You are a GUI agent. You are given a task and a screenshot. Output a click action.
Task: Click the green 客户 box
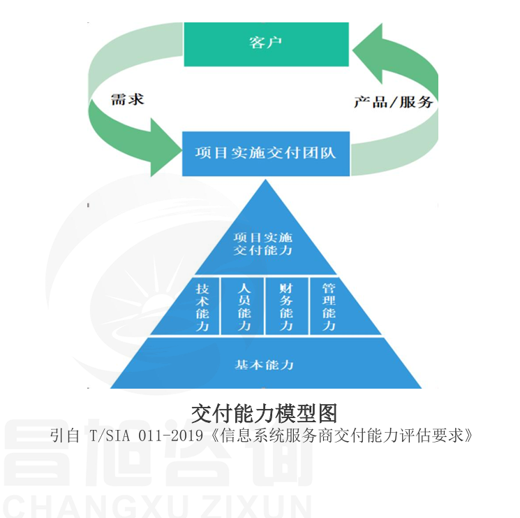265,43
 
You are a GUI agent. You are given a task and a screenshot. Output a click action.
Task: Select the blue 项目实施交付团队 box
265,152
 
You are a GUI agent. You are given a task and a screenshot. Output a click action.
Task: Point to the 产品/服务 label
393,101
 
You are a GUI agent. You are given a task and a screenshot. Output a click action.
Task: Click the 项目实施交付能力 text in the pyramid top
263,243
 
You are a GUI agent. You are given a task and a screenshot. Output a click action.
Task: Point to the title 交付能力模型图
264,412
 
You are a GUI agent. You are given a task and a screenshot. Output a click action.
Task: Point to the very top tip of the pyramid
265,181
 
